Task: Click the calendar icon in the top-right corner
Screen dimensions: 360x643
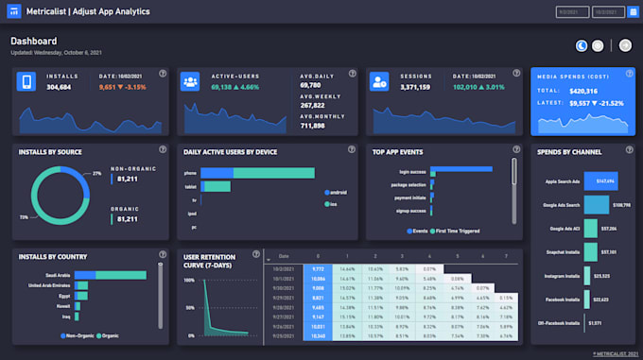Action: pyautogui.click(x=633, y=12)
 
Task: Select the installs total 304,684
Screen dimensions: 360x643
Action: pyautogui.click(x=59, y=86)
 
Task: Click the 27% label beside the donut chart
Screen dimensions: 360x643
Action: pyautogui.click(x=96, y=174)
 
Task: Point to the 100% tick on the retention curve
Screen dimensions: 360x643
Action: pyautogui.click(x=188, y=281)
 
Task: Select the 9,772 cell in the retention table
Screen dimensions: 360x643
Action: pyautogui.click(x=318, y=268)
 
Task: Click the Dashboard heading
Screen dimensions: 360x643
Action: pyautogui.click(x=34, y=42)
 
